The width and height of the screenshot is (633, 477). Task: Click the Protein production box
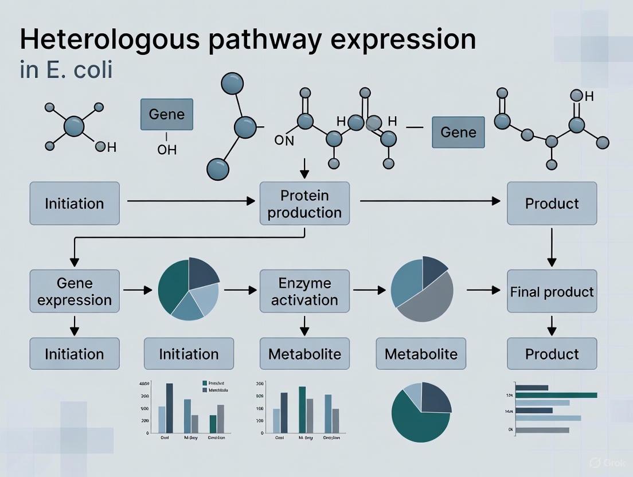tap(304, 204)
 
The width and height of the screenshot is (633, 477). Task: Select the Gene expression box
tap(75, 291)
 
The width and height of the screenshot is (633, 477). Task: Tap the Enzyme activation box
tap(304, 291)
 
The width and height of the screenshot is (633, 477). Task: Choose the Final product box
tap(552, 291)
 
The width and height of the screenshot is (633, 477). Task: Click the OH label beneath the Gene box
tap(167, 150)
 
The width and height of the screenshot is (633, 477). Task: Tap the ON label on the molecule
tap(284, 141)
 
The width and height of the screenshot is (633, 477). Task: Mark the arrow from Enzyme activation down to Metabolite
tap(304, 325)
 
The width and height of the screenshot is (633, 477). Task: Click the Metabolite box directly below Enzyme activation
tap(304, 353)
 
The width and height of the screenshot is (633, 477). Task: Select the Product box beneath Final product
tap(552, 353)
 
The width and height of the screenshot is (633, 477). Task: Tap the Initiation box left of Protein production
tap(75, 204)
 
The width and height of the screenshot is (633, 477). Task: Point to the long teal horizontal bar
tap(556, 394)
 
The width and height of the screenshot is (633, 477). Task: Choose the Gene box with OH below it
tap(167, 114)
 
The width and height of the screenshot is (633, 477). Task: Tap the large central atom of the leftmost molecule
tap(74, 126)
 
